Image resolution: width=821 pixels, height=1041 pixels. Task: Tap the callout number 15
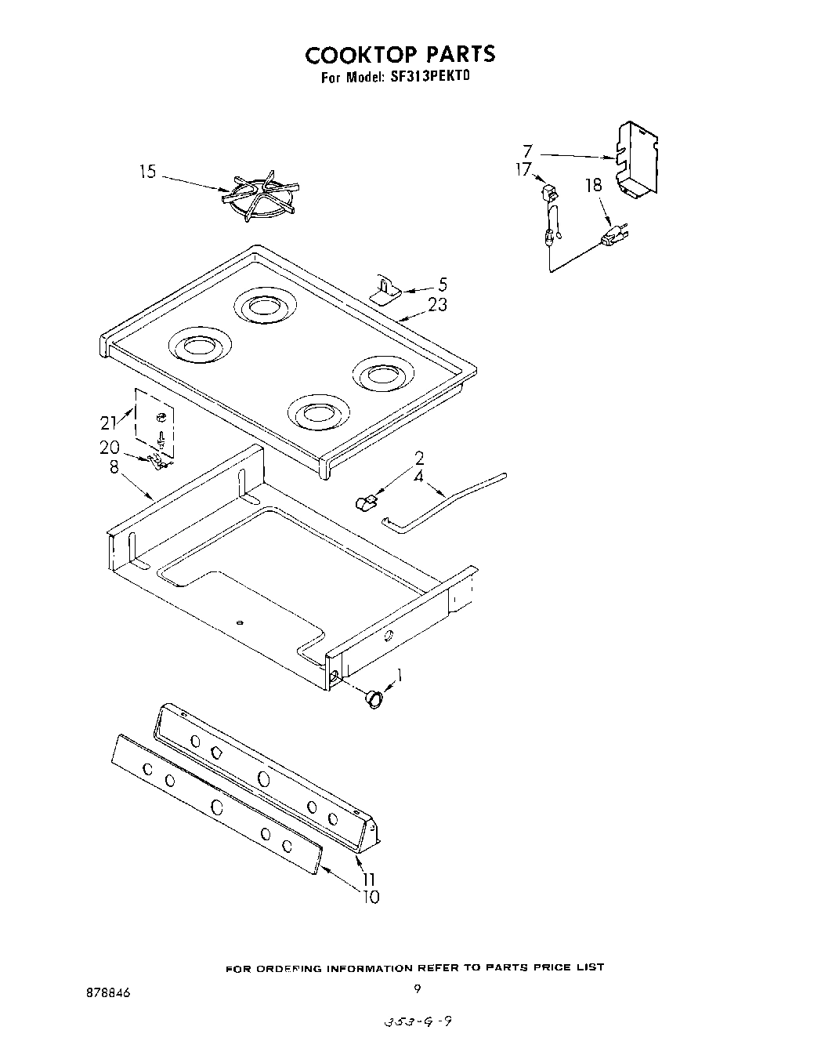click(148, 172)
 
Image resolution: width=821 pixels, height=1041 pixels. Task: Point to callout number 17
click(523, 169)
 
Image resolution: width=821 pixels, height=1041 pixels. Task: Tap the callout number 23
click(437, 304)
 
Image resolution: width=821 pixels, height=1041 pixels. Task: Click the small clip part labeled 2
click(367, 501)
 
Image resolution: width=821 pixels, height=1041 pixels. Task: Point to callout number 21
click(108, 423)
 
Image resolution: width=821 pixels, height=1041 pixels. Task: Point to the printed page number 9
click(418, 989)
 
